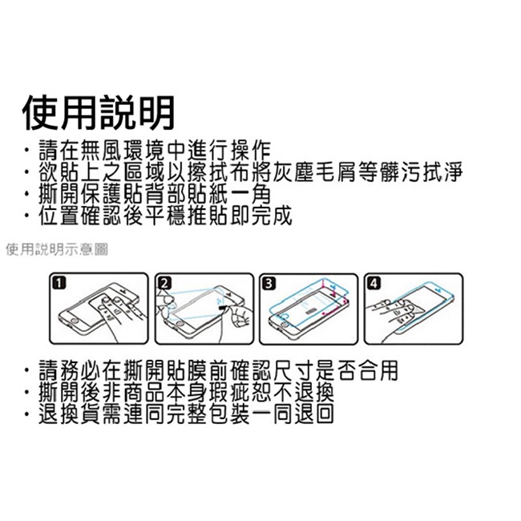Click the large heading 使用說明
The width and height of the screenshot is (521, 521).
[99, 113]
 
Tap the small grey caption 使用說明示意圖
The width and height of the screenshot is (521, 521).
[57, 249]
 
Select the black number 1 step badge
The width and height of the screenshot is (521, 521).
[59, 284]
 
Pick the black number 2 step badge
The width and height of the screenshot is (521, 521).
[165, 284]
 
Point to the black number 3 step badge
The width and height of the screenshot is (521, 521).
[269, 284]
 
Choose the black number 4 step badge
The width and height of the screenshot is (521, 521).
[374, 284]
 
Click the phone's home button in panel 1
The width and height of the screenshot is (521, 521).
[75, 321]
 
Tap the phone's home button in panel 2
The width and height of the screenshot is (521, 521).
[180, 323]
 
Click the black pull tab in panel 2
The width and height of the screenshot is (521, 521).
[221, 308]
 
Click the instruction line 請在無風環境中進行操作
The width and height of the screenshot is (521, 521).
[155, 151]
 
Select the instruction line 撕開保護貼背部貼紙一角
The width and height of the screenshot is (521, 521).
[155, 195]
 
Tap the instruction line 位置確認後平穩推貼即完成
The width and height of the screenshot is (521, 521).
[165, 216]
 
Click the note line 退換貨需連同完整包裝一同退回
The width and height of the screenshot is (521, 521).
[186, 414]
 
